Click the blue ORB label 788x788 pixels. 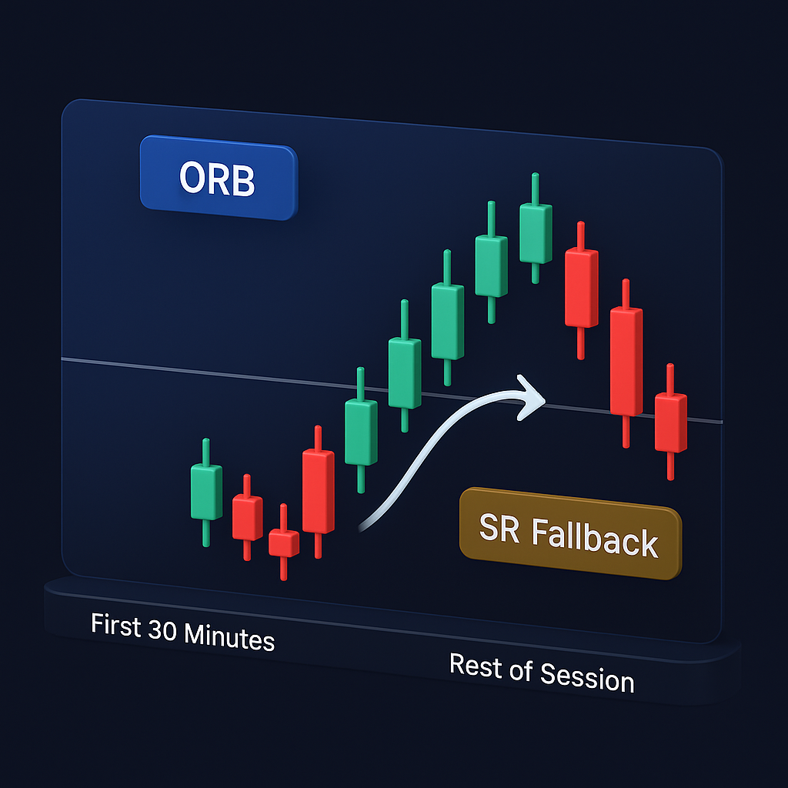click(x=218, y=179)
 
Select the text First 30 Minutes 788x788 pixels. click(x=182, y=632)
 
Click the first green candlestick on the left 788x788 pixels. click(x=205, y=492)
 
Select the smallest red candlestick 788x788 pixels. click(x=283, y=543)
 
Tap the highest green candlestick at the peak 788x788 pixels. click(x=536, y=233)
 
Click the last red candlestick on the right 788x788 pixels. click(x=670, y=422)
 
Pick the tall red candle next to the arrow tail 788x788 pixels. click(x=318, y=491)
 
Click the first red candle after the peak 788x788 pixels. click(x=581, y=287)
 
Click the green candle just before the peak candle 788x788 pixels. click(x=491, y=265)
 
